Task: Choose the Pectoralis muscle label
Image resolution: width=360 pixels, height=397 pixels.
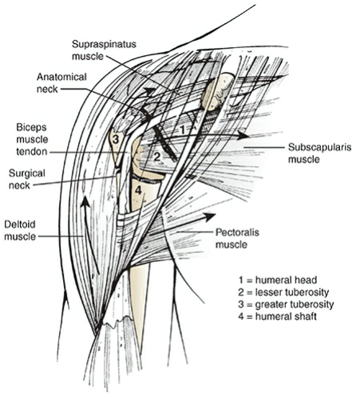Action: (240, 238)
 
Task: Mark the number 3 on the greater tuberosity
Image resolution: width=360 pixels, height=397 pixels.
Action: (116, 139)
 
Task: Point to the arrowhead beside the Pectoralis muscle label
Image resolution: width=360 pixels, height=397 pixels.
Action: (212, 216)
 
